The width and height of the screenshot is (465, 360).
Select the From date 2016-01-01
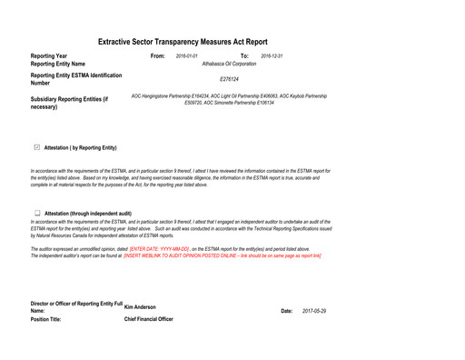[x=187, y=56]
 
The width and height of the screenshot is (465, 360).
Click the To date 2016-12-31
[x=272, y=56]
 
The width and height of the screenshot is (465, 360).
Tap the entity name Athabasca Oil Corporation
[x=229, y=65]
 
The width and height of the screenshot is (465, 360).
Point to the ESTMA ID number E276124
[x=229, y=79]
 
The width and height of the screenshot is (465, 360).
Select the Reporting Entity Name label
[x=58, y=65]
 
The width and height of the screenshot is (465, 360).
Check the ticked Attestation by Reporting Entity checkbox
[x=36, y=147]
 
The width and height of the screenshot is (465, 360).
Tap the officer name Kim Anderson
[x=140, y=307]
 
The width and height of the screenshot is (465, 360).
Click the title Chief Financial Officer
[x=148, y=319]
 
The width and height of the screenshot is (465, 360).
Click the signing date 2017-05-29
[x=314, y=311]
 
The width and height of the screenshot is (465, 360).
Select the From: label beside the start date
[x=157, y=56]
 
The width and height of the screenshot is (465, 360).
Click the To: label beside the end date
[x=244, y=56]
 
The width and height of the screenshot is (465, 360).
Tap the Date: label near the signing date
[x=286, y=311]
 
